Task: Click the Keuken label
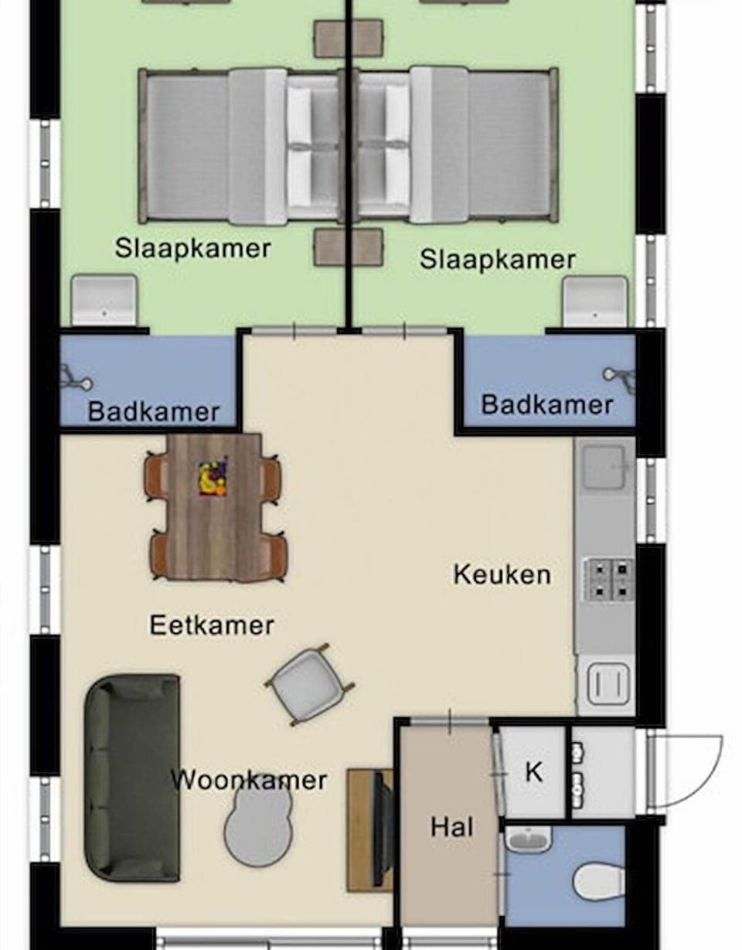click(x=502, y=574)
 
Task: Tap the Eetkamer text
click(x=211, y=625)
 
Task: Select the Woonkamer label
click(x=248, y=779)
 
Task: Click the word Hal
click(x=451, y=827)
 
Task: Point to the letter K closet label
click(x=533, y=771)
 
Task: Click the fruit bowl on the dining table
click(x=213, y=478)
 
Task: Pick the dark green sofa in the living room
click(x=132, y=777)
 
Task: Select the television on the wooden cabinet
click(x=381, y=827)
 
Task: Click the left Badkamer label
click(x=153, y=411)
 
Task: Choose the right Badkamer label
click(x=546, y=403)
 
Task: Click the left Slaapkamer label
click(x=192, y=248)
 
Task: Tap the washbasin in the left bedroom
click(x=104, y=300)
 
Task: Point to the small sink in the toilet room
click(x=529, y=839)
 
